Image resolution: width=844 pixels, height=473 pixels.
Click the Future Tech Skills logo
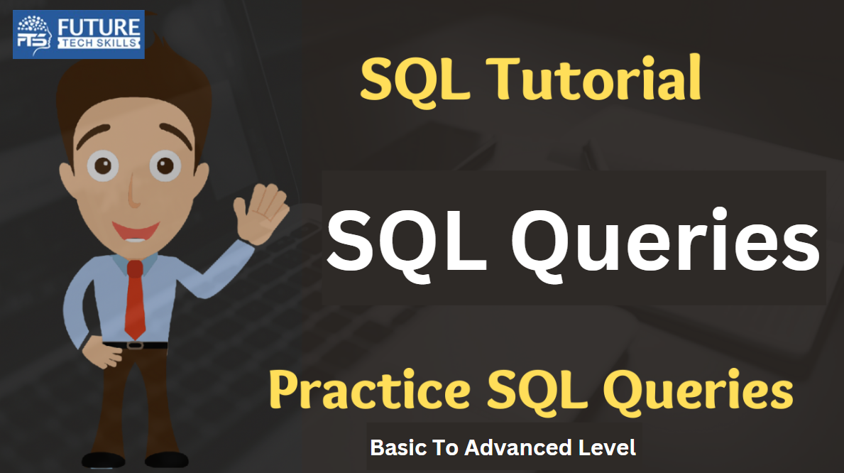[79, 35]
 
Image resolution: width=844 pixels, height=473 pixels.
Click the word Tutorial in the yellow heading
[593, 79]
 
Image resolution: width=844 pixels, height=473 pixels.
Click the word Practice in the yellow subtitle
[370, 389]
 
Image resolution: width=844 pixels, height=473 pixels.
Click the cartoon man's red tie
[135, 300]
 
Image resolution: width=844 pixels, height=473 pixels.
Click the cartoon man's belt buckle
[135, 344]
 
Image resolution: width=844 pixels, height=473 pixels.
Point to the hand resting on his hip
[106, 353]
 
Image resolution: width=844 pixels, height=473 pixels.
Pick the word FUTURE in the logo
[99, 27]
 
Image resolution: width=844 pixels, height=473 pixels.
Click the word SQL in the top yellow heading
[415, 80]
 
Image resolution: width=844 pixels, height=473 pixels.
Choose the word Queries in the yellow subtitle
[698, 389]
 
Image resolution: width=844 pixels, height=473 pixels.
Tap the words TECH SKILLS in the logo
[99, 43]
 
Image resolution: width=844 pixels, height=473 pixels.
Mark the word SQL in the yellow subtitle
[537, 390]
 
